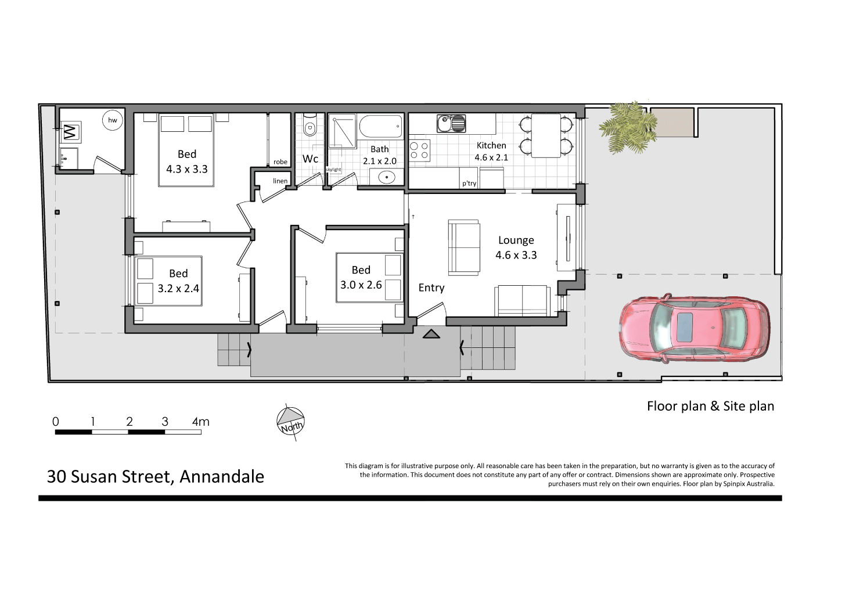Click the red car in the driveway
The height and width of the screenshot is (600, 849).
click(694, 329)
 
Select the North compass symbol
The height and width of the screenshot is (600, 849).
click(290, 421)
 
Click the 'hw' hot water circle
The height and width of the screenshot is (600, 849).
click(113, 120)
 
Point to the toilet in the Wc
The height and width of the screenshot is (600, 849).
click(310, 126)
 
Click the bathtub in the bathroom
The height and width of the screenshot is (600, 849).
click(380, 126)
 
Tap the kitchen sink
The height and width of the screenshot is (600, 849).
click(451, 123)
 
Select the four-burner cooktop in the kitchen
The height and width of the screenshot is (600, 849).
click(419, 150)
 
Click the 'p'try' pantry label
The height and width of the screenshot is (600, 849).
click(469, 184)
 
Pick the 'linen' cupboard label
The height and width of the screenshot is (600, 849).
click(280, 181)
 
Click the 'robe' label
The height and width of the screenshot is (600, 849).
click(280, 162)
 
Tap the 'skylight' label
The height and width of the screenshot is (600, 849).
click(333, 170)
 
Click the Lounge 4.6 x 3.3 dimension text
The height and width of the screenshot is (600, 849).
click(516, 255)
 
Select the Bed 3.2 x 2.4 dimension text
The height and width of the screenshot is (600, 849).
click(178, 288)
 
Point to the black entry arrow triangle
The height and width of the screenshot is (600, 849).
click(431, 334)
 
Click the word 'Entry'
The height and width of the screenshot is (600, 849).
click(431, 288)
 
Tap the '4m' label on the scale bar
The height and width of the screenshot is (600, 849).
click(201, 422)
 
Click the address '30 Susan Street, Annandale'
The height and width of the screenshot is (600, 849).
click(156, 476)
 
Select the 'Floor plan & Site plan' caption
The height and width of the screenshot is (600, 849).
click(710, 406)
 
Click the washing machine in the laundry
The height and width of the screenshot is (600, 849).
click(70, 132)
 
